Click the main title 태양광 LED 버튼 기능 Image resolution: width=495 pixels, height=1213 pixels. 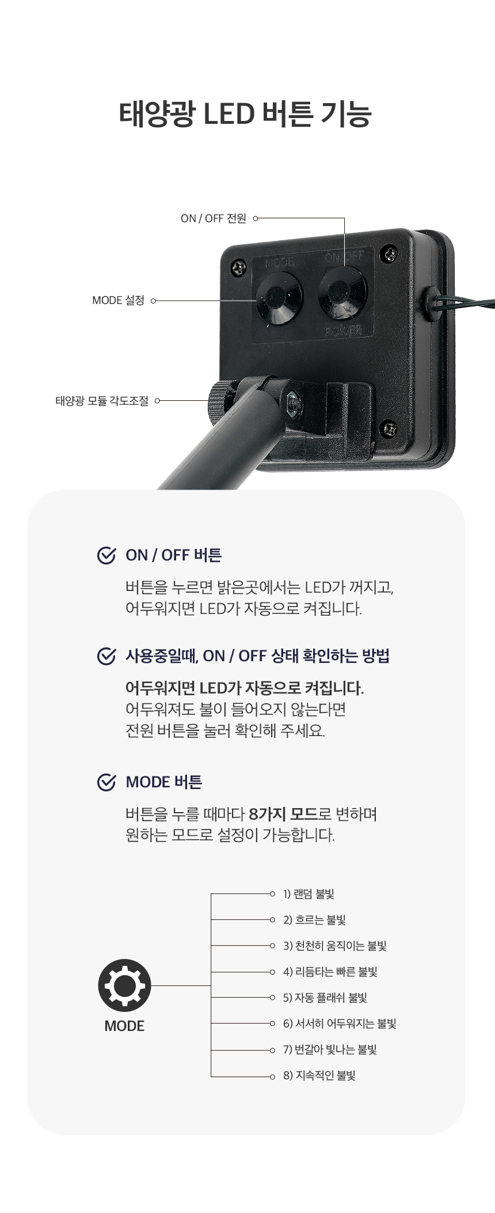245,113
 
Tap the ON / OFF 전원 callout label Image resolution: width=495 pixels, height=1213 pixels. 213,218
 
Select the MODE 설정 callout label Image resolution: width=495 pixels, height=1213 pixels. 118,300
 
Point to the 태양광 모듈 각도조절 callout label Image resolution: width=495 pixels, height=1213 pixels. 102,400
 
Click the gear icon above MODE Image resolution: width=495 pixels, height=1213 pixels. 124,985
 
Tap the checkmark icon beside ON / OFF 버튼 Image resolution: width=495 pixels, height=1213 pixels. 106,555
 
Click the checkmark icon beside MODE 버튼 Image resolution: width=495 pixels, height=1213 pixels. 106,782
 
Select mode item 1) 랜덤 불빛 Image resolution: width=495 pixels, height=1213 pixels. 309,894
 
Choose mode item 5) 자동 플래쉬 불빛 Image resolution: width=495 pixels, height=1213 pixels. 325,998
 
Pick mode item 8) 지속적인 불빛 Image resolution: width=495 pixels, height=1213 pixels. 319,1075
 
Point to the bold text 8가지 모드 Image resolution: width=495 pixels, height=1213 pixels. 284,814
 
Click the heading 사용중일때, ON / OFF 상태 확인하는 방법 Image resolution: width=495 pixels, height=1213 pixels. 257,656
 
